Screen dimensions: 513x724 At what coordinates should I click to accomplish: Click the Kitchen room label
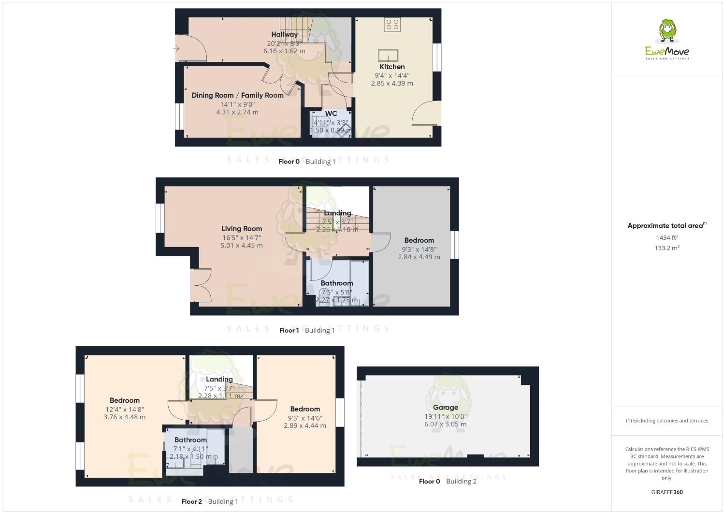[392, 67]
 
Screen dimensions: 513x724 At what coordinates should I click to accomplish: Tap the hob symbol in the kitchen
[392, 25]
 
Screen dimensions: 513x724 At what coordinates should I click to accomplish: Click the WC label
[331, 114]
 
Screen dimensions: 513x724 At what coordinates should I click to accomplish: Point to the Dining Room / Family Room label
[237, 95]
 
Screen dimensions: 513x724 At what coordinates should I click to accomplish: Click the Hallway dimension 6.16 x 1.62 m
[284, 51]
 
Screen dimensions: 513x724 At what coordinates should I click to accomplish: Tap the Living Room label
[242, 229]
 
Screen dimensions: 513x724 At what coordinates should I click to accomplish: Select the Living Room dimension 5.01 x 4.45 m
[242, 245]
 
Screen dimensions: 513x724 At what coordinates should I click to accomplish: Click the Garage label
[445, 408]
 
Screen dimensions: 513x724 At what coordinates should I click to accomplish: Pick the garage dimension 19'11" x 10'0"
[445, 416]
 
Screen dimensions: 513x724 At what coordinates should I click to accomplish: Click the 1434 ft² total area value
[667, 237]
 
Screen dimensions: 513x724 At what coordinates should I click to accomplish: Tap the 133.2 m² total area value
[667, 248]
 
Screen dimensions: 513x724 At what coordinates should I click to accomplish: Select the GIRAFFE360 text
[667, 492]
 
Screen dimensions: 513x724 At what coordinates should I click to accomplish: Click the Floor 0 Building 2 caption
[448, 481]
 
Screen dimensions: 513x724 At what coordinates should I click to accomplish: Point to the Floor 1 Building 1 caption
[307, 330]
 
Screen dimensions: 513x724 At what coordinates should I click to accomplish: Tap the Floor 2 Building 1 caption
[210, 501]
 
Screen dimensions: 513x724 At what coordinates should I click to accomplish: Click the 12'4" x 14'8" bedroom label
[125, 400]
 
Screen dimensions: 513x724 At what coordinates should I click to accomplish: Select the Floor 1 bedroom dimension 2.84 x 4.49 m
[419, 257]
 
